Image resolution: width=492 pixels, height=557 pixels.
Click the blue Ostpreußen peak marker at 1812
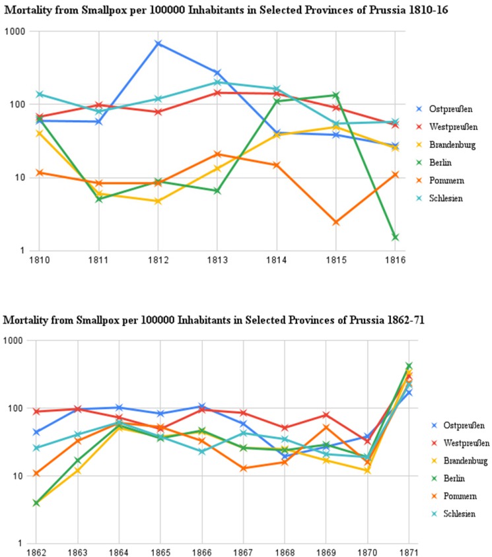point(158,44)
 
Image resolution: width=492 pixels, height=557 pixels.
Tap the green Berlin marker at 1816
point(396,237)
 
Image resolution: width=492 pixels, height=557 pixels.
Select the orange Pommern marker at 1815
point(336,222)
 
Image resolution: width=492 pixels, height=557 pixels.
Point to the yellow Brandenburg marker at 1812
point(158,201)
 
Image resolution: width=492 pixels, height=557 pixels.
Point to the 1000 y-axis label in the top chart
point(19,32)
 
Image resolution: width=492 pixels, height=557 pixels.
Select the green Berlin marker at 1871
point(409,365)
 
